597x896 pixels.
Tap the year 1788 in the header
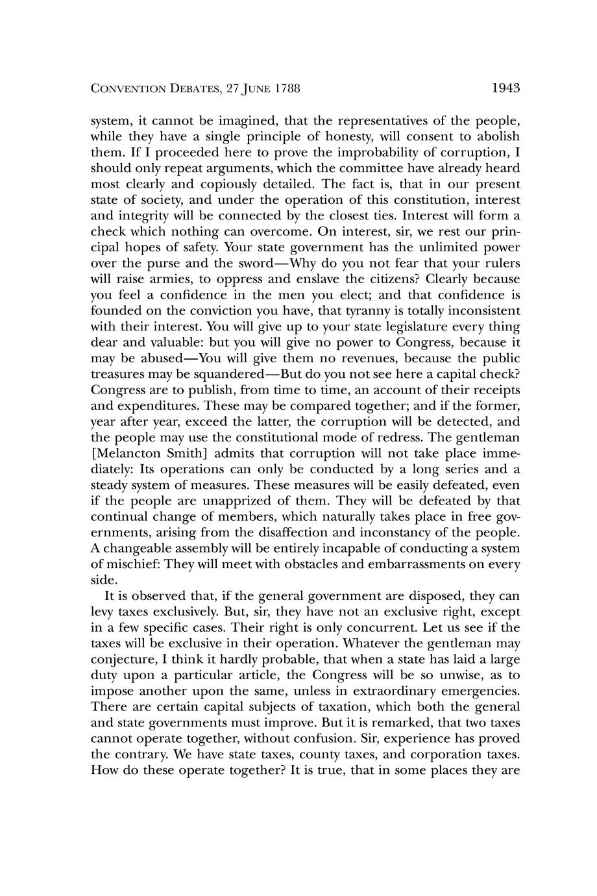click(x=286, y=89)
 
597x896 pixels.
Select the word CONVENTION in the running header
click(x=125, y=89)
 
